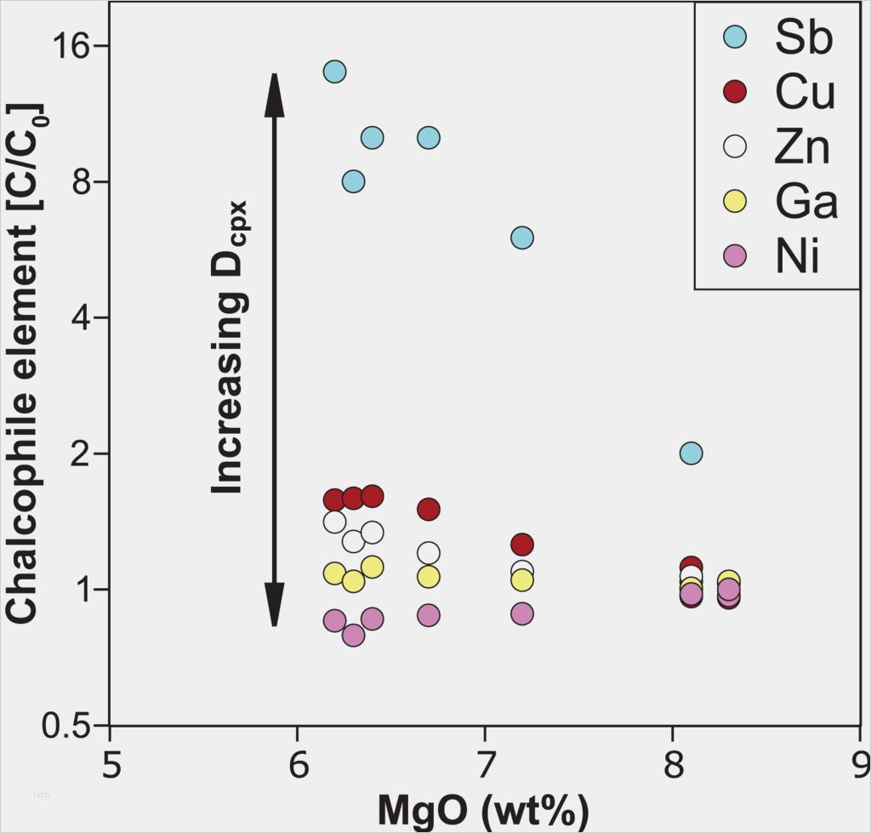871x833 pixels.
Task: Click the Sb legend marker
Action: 734,37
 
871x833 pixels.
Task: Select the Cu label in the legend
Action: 804,93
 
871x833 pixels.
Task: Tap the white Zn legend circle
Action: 734,146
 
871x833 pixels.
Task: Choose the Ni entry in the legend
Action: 797,256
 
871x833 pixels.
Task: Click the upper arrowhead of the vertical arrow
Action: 274,94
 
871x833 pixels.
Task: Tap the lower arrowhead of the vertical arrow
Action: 274,606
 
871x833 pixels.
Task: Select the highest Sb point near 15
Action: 335,71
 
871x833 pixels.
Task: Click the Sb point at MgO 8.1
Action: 691,453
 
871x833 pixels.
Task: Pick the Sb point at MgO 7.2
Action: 522,237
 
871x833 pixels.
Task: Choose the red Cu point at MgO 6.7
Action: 429,509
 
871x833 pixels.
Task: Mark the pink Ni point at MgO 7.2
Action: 522,613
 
